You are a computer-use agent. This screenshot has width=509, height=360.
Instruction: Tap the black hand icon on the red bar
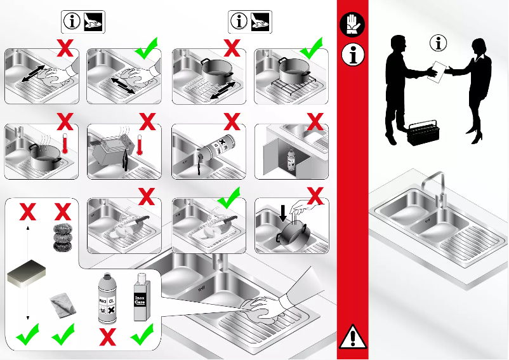pos(353,26)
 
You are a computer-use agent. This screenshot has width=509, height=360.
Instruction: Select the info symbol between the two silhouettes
pos(439,44)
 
